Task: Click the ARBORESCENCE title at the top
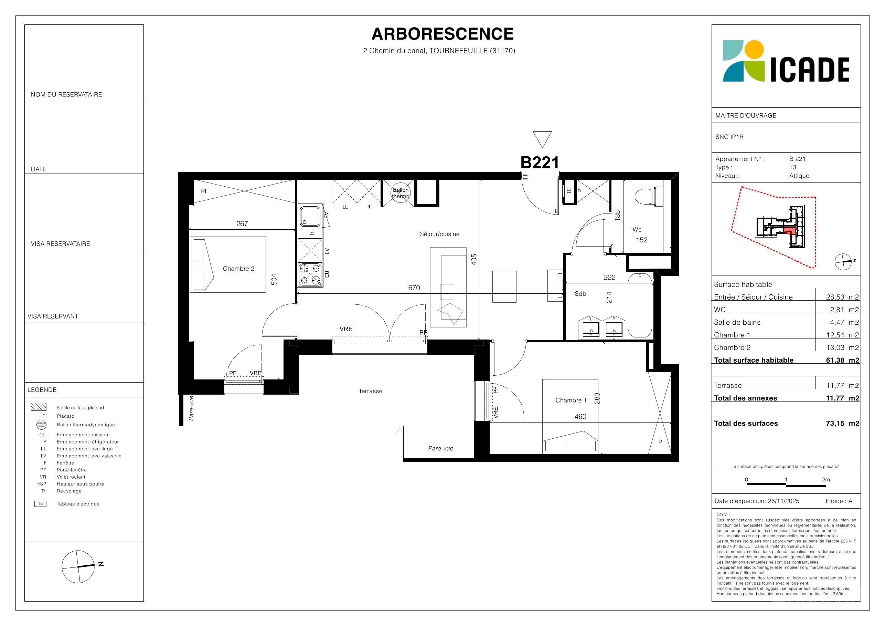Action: (442, 34)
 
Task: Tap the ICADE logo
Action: (786, 61)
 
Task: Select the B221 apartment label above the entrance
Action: (540, 163)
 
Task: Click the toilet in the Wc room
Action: (649, 197)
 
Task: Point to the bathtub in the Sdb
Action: (640, 305)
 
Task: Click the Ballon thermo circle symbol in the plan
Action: (401, 193)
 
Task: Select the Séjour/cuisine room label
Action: (439, 234)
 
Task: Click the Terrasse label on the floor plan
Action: (371, 391)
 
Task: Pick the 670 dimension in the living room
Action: (414, 288)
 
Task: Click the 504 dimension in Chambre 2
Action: (274, 279)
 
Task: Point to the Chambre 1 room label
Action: (571, 400)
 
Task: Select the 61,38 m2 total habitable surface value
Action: (842, 360)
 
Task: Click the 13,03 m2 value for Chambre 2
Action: (842, 347)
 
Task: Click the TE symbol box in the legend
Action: (41, 504)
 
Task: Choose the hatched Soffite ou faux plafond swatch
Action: (39, 407)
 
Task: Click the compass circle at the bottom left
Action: (78, 566)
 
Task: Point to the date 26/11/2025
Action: (783, 501)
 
